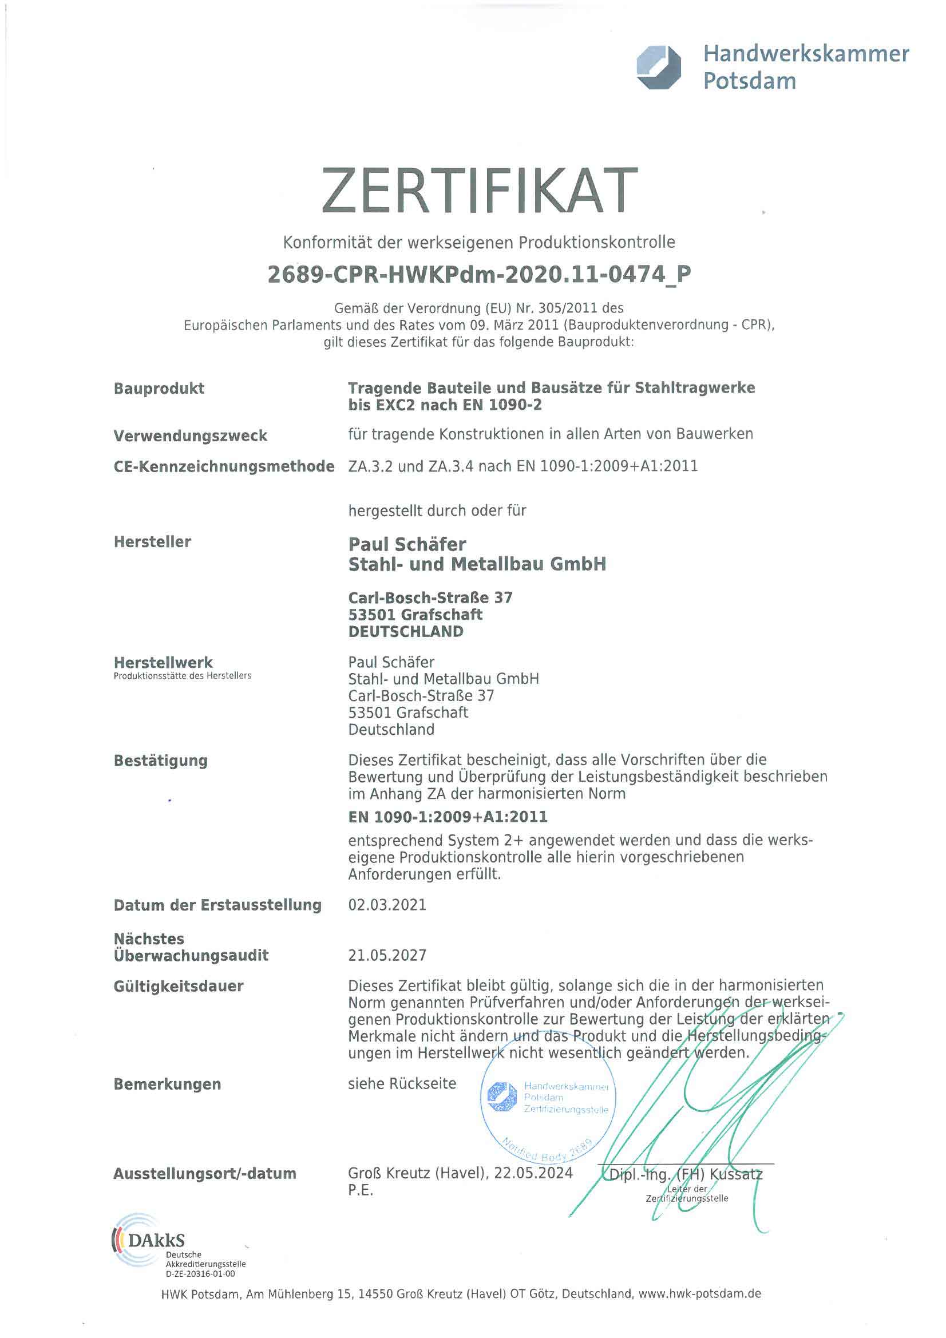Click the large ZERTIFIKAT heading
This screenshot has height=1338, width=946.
pyautogui.click(x=478, y=191)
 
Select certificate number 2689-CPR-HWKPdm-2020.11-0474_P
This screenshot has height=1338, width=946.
pyautogui.click(x=478, y=274)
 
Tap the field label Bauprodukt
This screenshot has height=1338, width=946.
pyautogui.click(x=159, y=388)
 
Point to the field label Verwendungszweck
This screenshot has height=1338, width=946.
pyautogui.click(x=190, y=436)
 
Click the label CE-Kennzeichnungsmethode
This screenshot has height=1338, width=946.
pyautogui.click(x=224, y=466)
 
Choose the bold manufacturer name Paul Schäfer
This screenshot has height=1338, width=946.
pyautogui.click(x=407, y=544)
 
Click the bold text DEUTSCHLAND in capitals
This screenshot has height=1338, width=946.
pyautogui.click(x=406, y=632)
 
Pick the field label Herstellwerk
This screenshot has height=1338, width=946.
pyautogui.click(x=163, y=663)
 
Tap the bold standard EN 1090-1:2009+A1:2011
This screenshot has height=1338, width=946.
pyautogui.click(x=448, y=817)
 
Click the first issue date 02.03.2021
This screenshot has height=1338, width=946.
pyautogui.click(x=387, y=905)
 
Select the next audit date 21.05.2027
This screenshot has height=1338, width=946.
pyautogui.click(x=387, y=956)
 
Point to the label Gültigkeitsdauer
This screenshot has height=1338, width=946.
pyautogui.click(x=179, y=987)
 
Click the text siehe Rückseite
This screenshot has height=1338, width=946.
pyautogui.click(x=402, y=1084)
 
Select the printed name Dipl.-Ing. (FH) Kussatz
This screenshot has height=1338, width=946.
pyautogui.click(x=685, y=1174)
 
